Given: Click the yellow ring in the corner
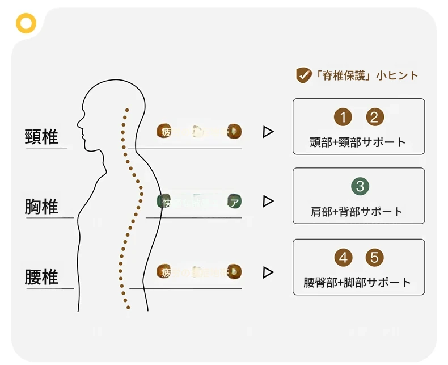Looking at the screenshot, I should tap(26, 23).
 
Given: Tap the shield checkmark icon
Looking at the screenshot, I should tap(303, 75).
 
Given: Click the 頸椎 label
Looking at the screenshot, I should tap(42, 137).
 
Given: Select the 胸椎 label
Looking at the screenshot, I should tap(41, 207).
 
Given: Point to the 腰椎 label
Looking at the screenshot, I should tap(41, 277).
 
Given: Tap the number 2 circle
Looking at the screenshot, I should tap(374, 117).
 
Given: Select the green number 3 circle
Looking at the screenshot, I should tap(360, 186).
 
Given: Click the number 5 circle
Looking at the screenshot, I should tap(374, 257).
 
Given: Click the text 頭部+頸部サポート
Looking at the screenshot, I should tap(358, 142).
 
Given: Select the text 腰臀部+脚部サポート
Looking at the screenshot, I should tap(357, 282).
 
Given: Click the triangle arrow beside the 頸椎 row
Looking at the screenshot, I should tap(268, 132).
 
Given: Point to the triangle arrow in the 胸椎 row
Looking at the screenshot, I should tap(268, 202).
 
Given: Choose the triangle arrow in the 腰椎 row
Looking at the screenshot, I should tap(268, 272).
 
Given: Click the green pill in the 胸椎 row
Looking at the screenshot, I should tap(199, 202).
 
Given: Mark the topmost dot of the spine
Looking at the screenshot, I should tap(128, 110).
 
